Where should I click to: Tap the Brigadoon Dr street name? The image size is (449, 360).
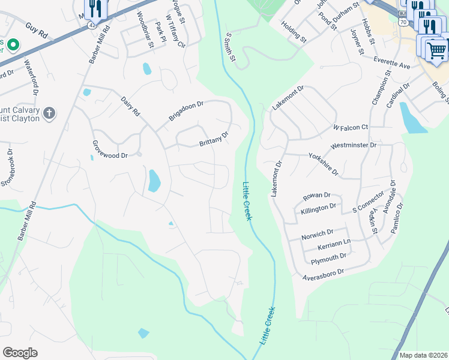(186, 110)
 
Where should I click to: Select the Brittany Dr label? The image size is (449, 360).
(214, 140)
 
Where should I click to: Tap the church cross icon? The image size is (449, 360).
(50, 112)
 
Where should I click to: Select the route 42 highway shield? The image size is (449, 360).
(91, 25)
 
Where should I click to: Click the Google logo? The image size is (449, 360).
(20, 353)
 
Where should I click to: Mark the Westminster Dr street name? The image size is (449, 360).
(354, 145)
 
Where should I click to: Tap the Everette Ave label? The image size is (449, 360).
(391, 64)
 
